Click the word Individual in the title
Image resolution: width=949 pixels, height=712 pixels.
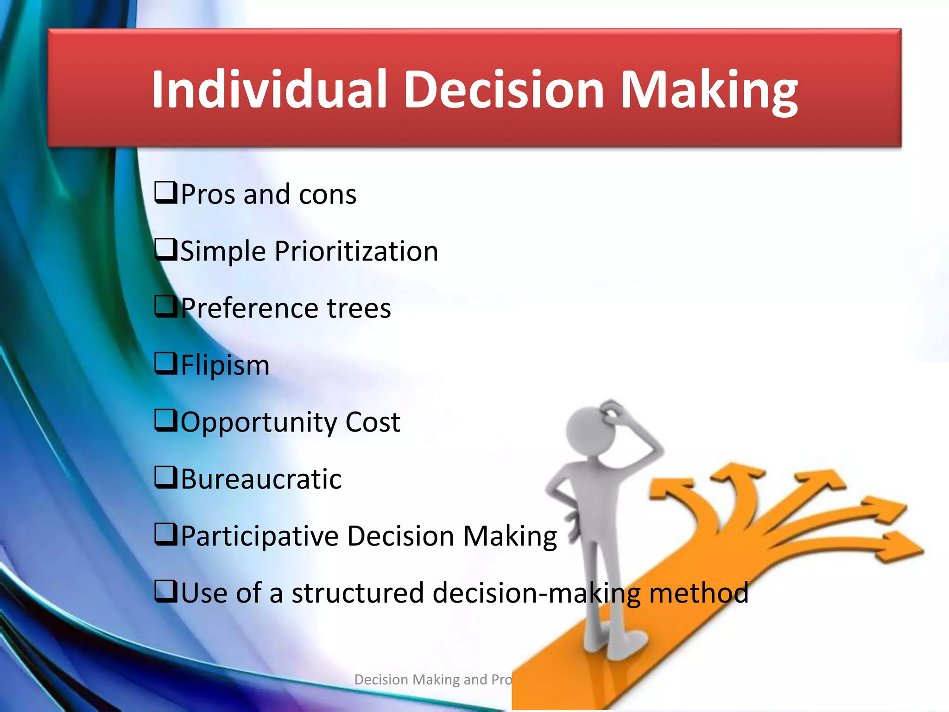pyautogui.click(x=269, y=89)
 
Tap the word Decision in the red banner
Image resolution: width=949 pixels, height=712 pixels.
pyautogui.click(x=504, y=89)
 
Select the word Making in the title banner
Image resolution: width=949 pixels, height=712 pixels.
pyautogui.click(x=709, y=89)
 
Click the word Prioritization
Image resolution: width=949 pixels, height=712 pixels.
pyautogui.click(x=356, y=252)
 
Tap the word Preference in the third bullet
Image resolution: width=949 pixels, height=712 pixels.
pyautogui.click(x=249, y=308)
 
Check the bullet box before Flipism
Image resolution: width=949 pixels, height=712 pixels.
pyautogui.click(x=165, y=363)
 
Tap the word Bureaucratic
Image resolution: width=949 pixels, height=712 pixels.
pyautogui.click(x=261, y=479)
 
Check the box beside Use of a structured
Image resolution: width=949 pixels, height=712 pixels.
pyautogui.click(x=165, y=591)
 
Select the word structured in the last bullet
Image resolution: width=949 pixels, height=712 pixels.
pyautogui.click(x=357, y=593)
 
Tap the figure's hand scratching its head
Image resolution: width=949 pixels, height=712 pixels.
pyautogui.click(x=614, y=410)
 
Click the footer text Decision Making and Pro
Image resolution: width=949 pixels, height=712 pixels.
pyautogui.click(x=432, y=680)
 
